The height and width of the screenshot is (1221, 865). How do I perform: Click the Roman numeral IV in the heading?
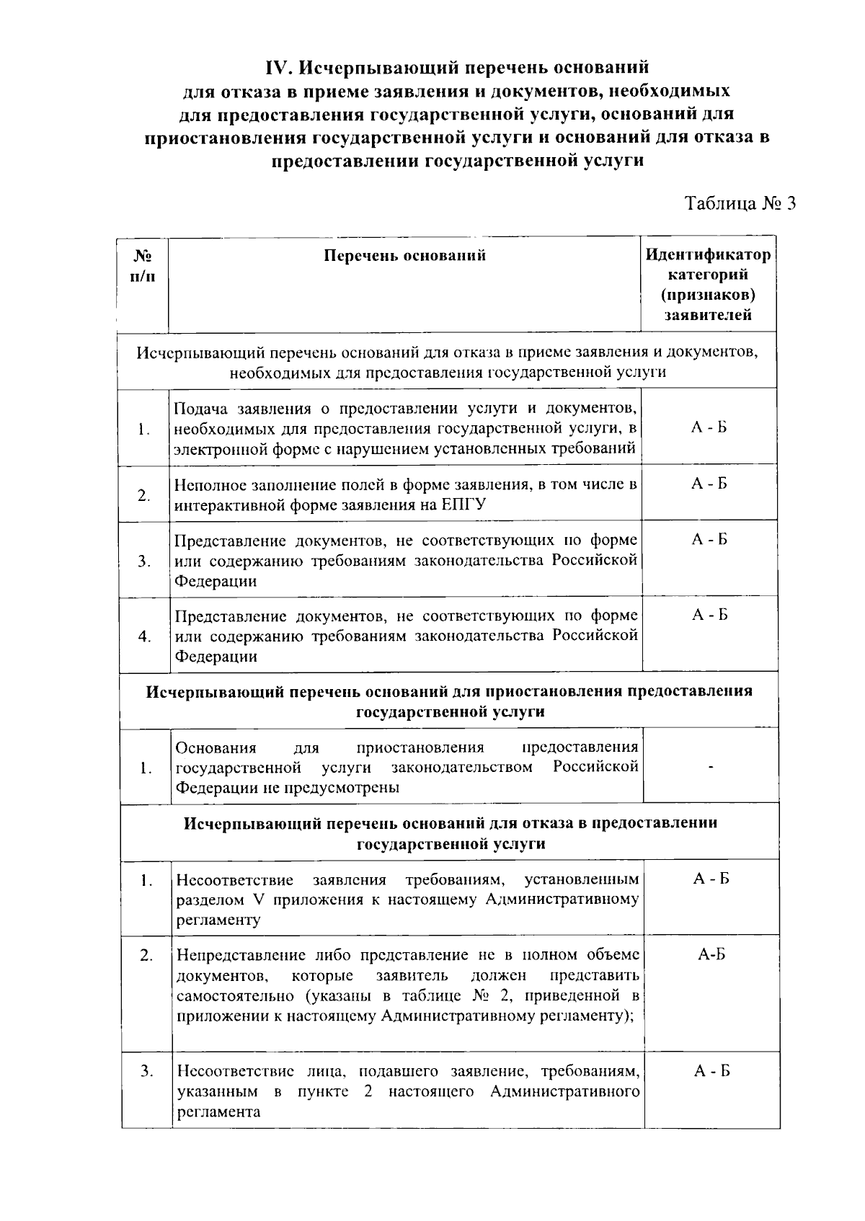pyautogui.click(x=277, y=68)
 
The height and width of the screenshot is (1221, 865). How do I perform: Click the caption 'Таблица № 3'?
pyautogui.click(x=740, y=204)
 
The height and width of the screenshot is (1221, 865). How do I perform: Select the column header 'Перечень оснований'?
pyautogui.click(x=404, y=256)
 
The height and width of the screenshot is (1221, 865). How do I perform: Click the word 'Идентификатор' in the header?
pyautogui.click(x=708, y=255)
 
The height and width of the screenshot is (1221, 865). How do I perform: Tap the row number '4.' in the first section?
pyautogui.click(x=145, y=636)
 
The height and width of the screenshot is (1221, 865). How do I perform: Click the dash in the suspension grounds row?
pyautogui.click(x=711, y=768)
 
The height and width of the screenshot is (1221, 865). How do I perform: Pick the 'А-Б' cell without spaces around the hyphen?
pyautogui.click(x=711, y=955)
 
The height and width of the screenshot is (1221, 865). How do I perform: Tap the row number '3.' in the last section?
pyautogui.click(x=147, y=1072)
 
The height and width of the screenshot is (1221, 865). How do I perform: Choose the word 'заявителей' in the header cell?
pyautogui.click(x=708, y=315)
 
